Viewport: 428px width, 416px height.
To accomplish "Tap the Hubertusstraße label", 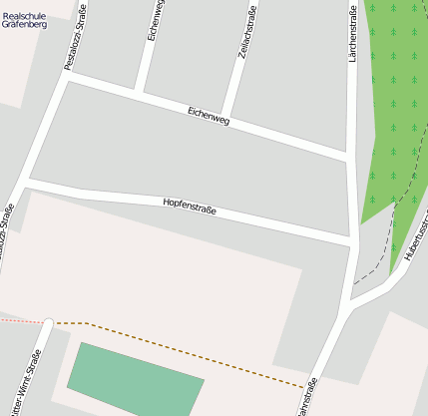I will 416,240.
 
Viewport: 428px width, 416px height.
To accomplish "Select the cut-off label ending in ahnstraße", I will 304,399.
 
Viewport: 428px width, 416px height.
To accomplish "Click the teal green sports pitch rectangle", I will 135,380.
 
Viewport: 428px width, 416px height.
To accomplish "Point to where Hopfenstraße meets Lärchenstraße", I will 353,242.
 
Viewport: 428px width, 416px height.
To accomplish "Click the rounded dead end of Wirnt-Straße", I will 48,322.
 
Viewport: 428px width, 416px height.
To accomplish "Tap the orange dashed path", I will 190,355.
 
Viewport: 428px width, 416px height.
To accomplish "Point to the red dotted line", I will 20,321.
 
